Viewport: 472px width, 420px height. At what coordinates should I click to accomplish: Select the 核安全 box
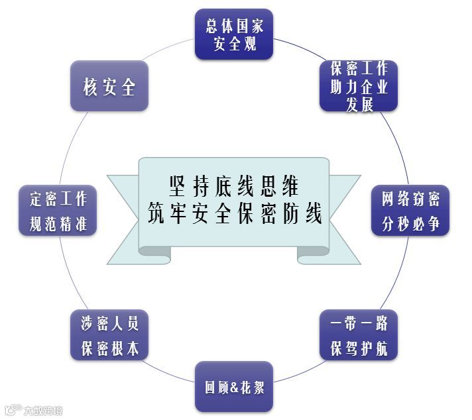(109, 86)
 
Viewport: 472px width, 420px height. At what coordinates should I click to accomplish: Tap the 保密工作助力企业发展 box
(359, 86)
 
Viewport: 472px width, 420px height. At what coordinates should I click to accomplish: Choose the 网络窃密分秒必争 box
(410, 210)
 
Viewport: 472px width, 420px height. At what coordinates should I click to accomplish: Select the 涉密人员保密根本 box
(109, 335)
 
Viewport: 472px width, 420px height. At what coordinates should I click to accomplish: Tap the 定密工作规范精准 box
(58, 210)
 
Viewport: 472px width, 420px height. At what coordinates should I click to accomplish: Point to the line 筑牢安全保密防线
(234, 214)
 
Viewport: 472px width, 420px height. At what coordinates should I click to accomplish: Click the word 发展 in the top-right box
(359, 104)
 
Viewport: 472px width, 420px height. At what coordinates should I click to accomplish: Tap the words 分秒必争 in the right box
(410, 224)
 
